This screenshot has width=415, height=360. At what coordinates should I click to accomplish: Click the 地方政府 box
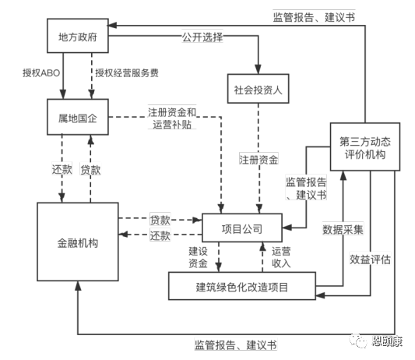[x=78, y=36]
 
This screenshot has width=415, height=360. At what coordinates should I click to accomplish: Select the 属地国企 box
[x=78, y=117]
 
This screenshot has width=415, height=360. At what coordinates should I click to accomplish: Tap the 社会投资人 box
[x=258, y=89]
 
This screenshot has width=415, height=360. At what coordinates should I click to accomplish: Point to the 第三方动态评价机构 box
[x=365, y=146]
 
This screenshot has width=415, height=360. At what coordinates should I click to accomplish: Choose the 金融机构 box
[x=78, y=242]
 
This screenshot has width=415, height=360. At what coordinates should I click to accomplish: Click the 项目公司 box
[x=242, y=228]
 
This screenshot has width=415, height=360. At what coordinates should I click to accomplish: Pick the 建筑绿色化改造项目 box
[x=242, y=286]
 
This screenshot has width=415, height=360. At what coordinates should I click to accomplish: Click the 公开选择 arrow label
[x=202, y=37]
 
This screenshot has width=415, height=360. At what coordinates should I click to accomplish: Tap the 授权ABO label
[x=41, y=72]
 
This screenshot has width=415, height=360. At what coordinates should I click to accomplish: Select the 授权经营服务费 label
[x=127, y=72]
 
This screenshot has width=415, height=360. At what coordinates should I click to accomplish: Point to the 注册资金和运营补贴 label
[x=172, y=118]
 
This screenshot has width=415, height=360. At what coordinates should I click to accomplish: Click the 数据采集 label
[x=343, y=229]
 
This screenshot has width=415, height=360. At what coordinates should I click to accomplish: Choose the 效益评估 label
[x=371, y=259]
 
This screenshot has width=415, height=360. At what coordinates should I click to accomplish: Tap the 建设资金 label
[x=198, y=257]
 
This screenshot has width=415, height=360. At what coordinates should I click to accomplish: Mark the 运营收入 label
[x=281, y=257]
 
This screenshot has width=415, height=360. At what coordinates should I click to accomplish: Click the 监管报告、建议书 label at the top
[x=314, y=17]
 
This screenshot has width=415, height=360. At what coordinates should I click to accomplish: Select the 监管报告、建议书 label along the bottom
[x=236, y=345]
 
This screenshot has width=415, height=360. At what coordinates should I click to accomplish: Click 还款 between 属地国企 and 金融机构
[x=62, y=169]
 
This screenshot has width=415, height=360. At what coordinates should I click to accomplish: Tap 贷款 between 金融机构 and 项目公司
[x=160, y=220]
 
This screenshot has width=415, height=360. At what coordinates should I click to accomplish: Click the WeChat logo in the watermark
[x=358, y=340]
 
